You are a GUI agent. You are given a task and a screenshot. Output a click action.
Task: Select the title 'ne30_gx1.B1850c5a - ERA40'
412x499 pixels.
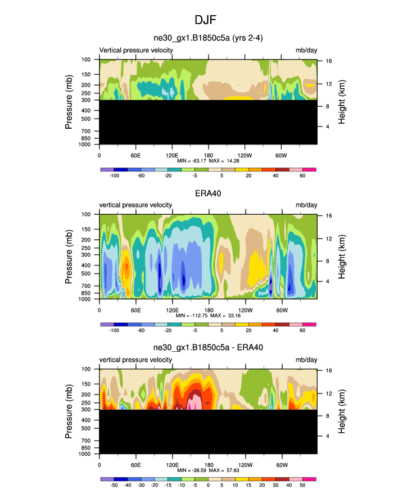coord(208,348)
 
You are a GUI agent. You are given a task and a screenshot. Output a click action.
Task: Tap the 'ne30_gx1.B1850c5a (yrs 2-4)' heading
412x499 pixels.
coord(208,38)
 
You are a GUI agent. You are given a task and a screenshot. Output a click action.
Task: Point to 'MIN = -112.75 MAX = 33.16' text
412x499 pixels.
coord(208,316)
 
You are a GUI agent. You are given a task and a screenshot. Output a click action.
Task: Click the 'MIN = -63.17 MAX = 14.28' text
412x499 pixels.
coord(208,161)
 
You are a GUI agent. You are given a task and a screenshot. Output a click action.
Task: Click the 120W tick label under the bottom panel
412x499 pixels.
coord(245,464)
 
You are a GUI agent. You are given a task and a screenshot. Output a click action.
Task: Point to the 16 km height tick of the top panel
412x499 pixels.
coord(328,60)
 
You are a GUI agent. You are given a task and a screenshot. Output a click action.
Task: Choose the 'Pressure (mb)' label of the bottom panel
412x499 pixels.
coord(69,412)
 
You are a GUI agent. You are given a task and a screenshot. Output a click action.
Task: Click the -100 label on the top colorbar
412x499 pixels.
coord(114,176)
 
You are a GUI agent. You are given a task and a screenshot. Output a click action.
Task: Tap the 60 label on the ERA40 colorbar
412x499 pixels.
coord(303,331)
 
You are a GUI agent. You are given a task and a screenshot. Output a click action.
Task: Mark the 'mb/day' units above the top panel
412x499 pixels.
coord(306,50)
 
